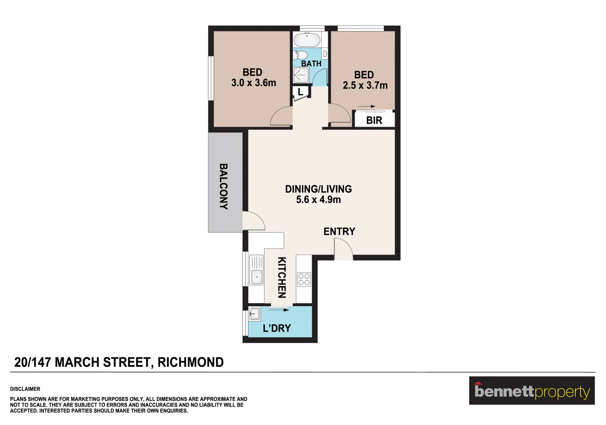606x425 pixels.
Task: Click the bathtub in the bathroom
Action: point(307,40)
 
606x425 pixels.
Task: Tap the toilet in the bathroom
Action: point(301,54)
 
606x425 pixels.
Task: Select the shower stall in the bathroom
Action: point(301,75)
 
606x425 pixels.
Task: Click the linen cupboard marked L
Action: point(300,92)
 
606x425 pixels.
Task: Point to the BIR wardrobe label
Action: point(374,120)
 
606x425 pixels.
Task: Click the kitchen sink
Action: point(256,270)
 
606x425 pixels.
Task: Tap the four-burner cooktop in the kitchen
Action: point(304,279)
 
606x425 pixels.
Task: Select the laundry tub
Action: point(254,314)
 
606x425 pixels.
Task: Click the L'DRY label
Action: point(277,328)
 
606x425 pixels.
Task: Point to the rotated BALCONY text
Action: point(223,186)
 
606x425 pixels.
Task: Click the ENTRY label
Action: point(339,231)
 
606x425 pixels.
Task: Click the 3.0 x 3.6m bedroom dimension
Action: point(253,83)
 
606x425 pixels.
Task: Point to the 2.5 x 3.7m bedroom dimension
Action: point(365,85)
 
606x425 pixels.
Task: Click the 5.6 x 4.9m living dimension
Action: point(318,200)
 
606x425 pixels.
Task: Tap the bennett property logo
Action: point(532,391)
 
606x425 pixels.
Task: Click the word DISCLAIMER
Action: point(25,389)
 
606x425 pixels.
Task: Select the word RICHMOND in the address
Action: point(191,362)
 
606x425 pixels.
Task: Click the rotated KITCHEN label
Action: point(282,277)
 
